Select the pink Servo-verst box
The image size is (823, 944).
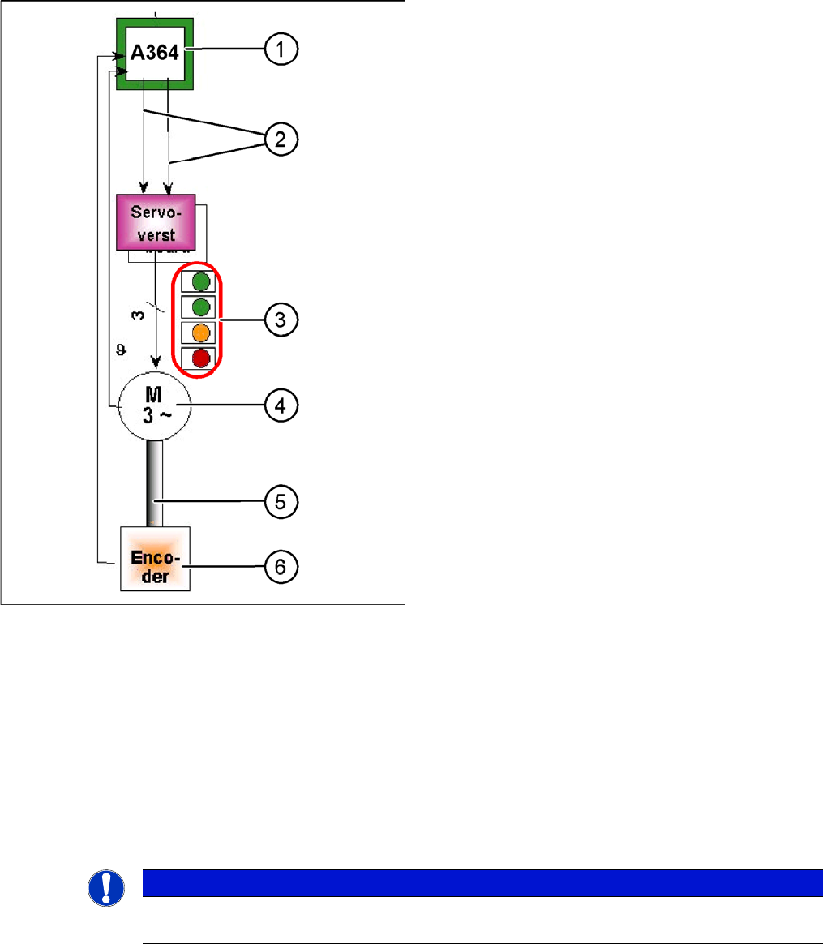(x=156, y=221)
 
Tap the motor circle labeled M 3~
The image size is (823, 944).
(x=154, y=404)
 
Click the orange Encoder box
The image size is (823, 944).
(x=155, y=558)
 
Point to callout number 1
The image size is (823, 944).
(x=280, y=50)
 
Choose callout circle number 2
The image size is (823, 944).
(x=280, y=139)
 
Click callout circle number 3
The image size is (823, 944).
(x=280, y=320)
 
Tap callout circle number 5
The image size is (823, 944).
(x=280, y=501)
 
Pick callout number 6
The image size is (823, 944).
(x=280, y=566)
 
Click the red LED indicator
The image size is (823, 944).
(x=201, y=358)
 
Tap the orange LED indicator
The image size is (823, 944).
(x=201, y=333)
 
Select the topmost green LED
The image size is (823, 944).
(x=201, y=281)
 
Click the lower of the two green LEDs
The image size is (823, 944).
(x=201, y=307)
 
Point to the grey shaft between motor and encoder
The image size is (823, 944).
(x=155, y=483)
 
